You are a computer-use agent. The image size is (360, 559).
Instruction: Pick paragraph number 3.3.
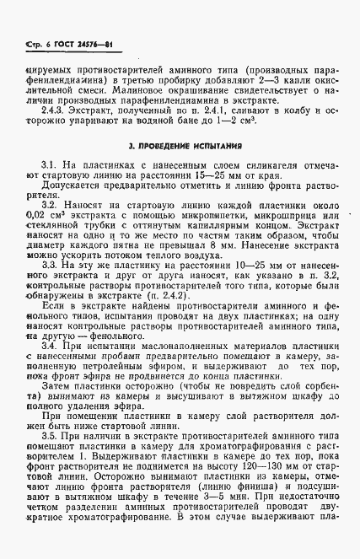click(x=51, y=265)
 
